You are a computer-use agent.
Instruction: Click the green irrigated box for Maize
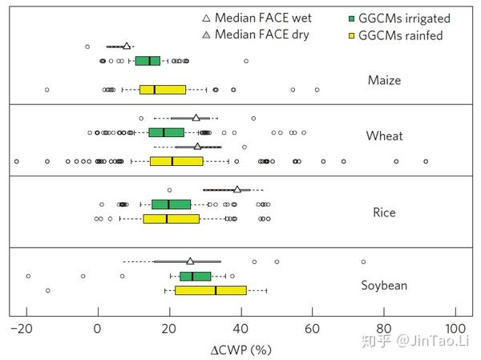coord(148,60)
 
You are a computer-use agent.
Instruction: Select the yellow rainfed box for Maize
coord(163,90)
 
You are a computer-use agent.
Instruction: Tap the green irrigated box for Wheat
coord(166,132)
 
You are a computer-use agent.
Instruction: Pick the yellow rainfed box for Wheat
coord(176,161)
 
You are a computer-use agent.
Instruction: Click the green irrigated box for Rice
coord(171,204)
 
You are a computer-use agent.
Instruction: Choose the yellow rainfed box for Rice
coord(172,218)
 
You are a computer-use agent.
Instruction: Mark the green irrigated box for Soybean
coord(196,277)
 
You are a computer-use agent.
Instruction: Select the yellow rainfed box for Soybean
coord(211,290)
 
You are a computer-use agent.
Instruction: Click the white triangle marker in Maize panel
coord(127,47)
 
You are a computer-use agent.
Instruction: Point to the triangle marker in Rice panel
coord(237,189)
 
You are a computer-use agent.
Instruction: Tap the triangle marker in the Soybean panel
coord(190,261)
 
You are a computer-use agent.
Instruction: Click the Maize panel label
coord(384,80)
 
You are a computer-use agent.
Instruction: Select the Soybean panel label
coord(384,285)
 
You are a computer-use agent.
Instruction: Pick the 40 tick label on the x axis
coord(240,328)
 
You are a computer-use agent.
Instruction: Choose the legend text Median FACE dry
coord(262,35)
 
